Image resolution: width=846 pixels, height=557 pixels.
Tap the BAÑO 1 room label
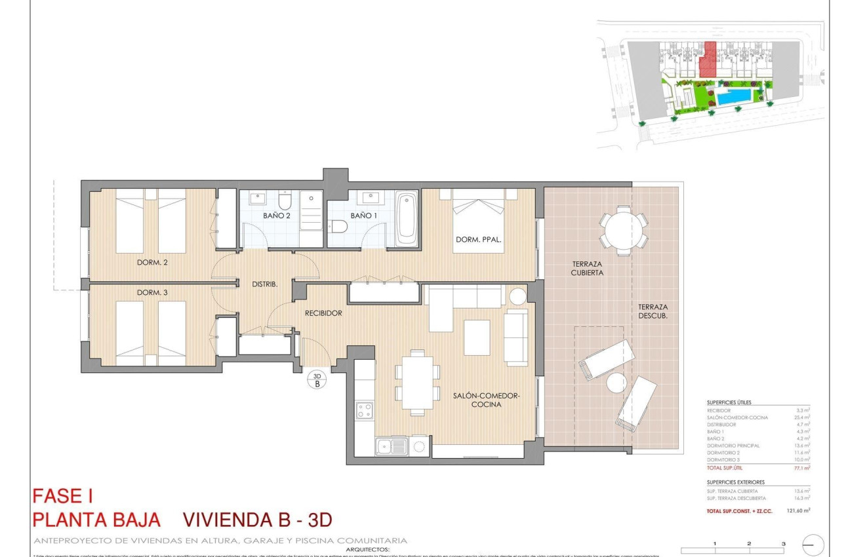[363, 216]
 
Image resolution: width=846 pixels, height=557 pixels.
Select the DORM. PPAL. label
[479, 240]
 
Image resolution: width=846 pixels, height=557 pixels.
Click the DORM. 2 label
[152, 263]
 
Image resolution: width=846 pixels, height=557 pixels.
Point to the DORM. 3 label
[152, 292]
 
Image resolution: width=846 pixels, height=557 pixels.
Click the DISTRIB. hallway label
[265, 284]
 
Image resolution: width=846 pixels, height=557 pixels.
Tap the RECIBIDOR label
[323, 313]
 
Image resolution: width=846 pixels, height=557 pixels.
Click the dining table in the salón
[417, 383]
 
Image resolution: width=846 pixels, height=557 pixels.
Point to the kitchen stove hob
[365, 411]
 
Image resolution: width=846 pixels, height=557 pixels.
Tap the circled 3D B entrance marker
[317, 380]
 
